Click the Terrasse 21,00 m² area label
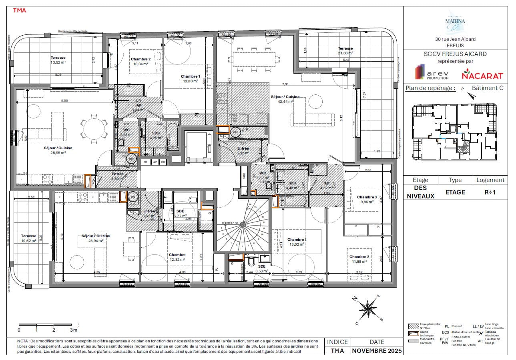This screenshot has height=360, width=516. pos(345,50)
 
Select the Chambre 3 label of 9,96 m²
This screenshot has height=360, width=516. pos(367,199)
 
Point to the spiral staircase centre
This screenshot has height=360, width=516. pos(243,224)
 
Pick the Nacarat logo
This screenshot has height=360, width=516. pos(482,75)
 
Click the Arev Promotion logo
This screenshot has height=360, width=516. pos(431,72)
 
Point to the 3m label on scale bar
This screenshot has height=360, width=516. pos(73,330)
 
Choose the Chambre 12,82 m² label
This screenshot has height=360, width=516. pos(177,257)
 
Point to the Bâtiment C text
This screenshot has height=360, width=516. pos(487,88)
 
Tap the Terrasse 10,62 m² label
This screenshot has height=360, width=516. pos(29,238)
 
